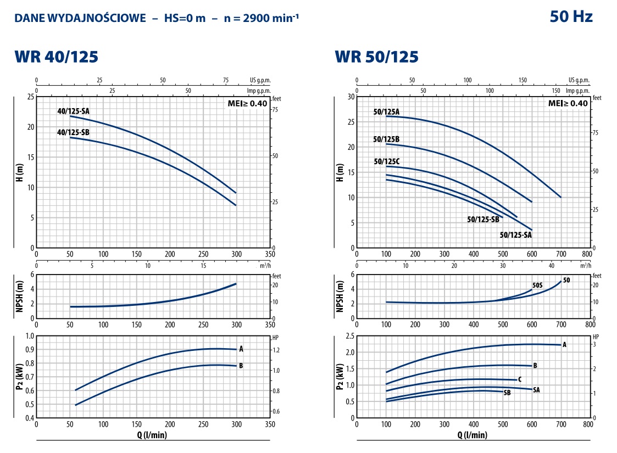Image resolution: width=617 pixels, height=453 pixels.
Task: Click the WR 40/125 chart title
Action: point(56,57)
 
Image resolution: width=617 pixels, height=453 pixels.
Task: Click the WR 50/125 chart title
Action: point(376,57)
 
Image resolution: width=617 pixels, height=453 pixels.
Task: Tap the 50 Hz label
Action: point(571,17)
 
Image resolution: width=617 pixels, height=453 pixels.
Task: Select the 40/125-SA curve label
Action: point(73,111)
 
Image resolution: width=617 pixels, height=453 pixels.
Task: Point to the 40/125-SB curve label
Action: point(73,132)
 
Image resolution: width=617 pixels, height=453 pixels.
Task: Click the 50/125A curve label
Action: point(386,112)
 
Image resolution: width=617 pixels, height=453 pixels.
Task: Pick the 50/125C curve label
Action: point(386,161)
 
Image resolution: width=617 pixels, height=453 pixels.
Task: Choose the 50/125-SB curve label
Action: point(483,219)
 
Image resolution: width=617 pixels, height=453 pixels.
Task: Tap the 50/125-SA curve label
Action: point(516,235)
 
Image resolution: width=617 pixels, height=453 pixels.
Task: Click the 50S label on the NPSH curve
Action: point(537,286)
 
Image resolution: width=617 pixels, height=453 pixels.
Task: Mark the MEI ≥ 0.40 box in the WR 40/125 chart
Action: point(247,103)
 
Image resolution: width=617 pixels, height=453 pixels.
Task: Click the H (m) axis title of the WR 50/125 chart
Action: point(340,172)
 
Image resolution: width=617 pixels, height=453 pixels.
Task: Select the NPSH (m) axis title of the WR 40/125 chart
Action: point(20,296)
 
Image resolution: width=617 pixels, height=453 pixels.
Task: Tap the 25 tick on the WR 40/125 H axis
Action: point(30,97)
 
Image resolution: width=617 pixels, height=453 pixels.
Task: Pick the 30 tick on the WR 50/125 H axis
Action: point(350,97)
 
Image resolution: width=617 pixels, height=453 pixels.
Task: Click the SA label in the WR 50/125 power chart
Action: point(536,390)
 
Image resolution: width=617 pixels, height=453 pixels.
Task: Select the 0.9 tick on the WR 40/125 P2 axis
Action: point(29,350)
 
